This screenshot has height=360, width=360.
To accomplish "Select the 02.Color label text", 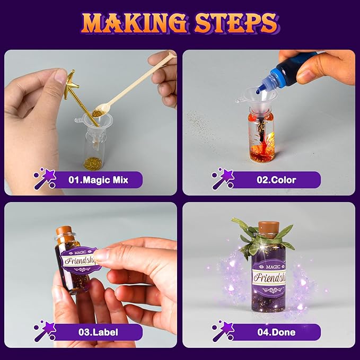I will point(276,180).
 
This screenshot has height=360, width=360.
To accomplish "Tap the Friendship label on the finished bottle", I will point(268,276).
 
